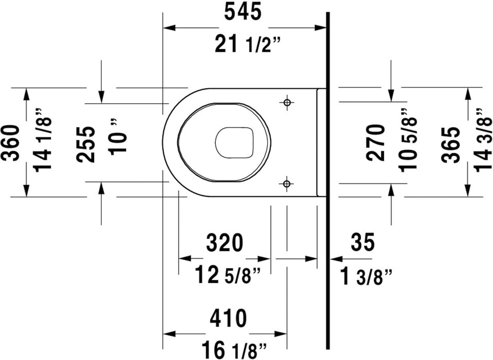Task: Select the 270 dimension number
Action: coord(376,143)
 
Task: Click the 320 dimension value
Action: coord(224,243)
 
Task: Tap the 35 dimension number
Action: coord(363,242)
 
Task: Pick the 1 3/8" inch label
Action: coord(367,275)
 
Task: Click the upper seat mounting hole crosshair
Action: coord(287,102)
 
